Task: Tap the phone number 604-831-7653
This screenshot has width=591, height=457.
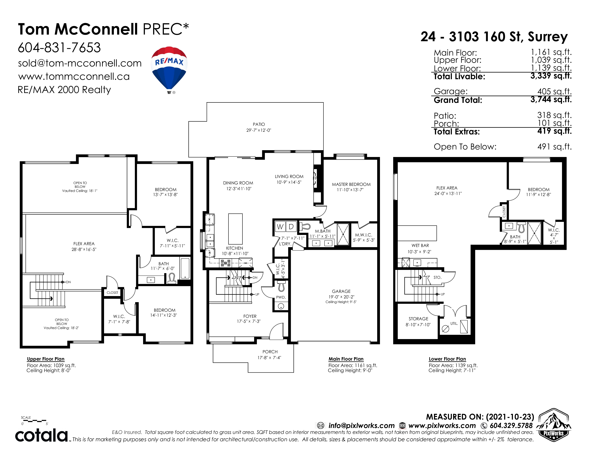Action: pyautogui.click(x=59, y=48)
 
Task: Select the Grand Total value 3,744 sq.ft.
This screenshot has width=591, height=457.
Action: pyautogui.click(x=551, y=100)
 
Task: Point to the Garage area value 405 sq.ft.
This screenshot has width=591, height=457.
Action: pyautogui.click(x=554, y=91)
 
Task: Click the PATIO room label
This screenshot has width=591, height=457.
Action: pyautogui.click(x=259, y=124)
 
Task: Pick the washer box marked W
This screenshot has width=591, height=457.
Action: pyautogui.click(x=280, y=227)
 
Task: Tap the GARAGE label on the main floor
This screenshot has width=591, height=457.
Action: pyautogui.click(x=341, y=291)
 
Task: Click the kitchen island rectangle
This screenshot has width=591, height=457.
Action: pyautogui.click(x=236, y=229)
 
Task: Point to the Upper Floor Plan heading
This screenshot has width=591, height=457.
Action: pyautogui.click(x=46, y=359)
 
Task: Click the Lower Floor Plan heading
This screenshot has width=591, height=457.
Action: pyautogui.click(x=447, y=359)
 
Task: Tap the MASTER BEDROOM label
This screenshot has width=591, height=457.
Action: pyautogui.click(x=351, y=184)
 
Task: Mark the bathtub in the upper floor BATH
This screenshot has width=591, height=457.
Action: pyautogui.click(x=185, y=268)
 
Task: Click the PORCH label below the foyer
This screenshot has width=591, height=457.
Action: pyautogui.click(x=270, y=352)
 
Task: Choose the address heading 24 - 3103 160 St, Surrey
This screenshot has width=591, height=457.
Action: pyautogui.click(x=494, y=37)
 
